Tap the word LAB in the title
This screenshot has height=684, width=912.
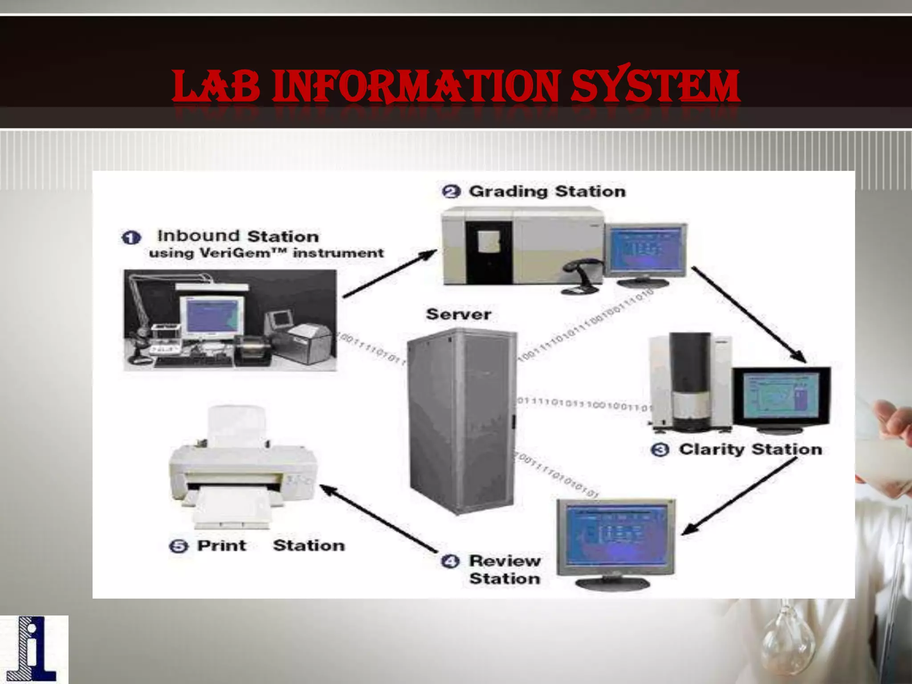coord(216,85)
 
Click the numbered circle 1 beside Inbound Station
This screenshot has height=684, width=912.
coord(131,237)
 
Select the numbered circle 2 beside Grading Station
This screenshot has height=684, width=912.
coord(451,191)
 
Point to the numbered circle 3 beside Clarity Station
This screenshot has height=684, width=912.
coord(660,450)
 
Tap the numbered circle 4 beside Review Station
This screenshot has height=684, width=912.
coord(450,561)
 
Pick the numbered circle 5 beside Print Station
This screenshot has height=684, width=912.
coord(179,546)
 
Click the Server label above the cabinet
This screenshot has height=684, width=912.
coord(459,314)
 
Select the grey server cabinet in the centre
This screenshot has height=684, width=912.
coord(461,421)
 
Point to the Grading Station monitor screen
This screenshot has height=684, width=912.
coord(647,249)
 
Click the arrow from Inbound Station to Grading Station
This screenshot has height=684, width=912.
coord(390,274)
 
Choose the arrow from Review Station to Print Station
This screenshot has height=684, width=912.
coord(379,519)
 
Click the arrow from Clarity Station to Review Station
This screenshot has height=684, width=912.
coord(739,497)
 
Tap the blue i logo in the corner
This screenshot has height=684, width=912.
coord(34,649)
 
